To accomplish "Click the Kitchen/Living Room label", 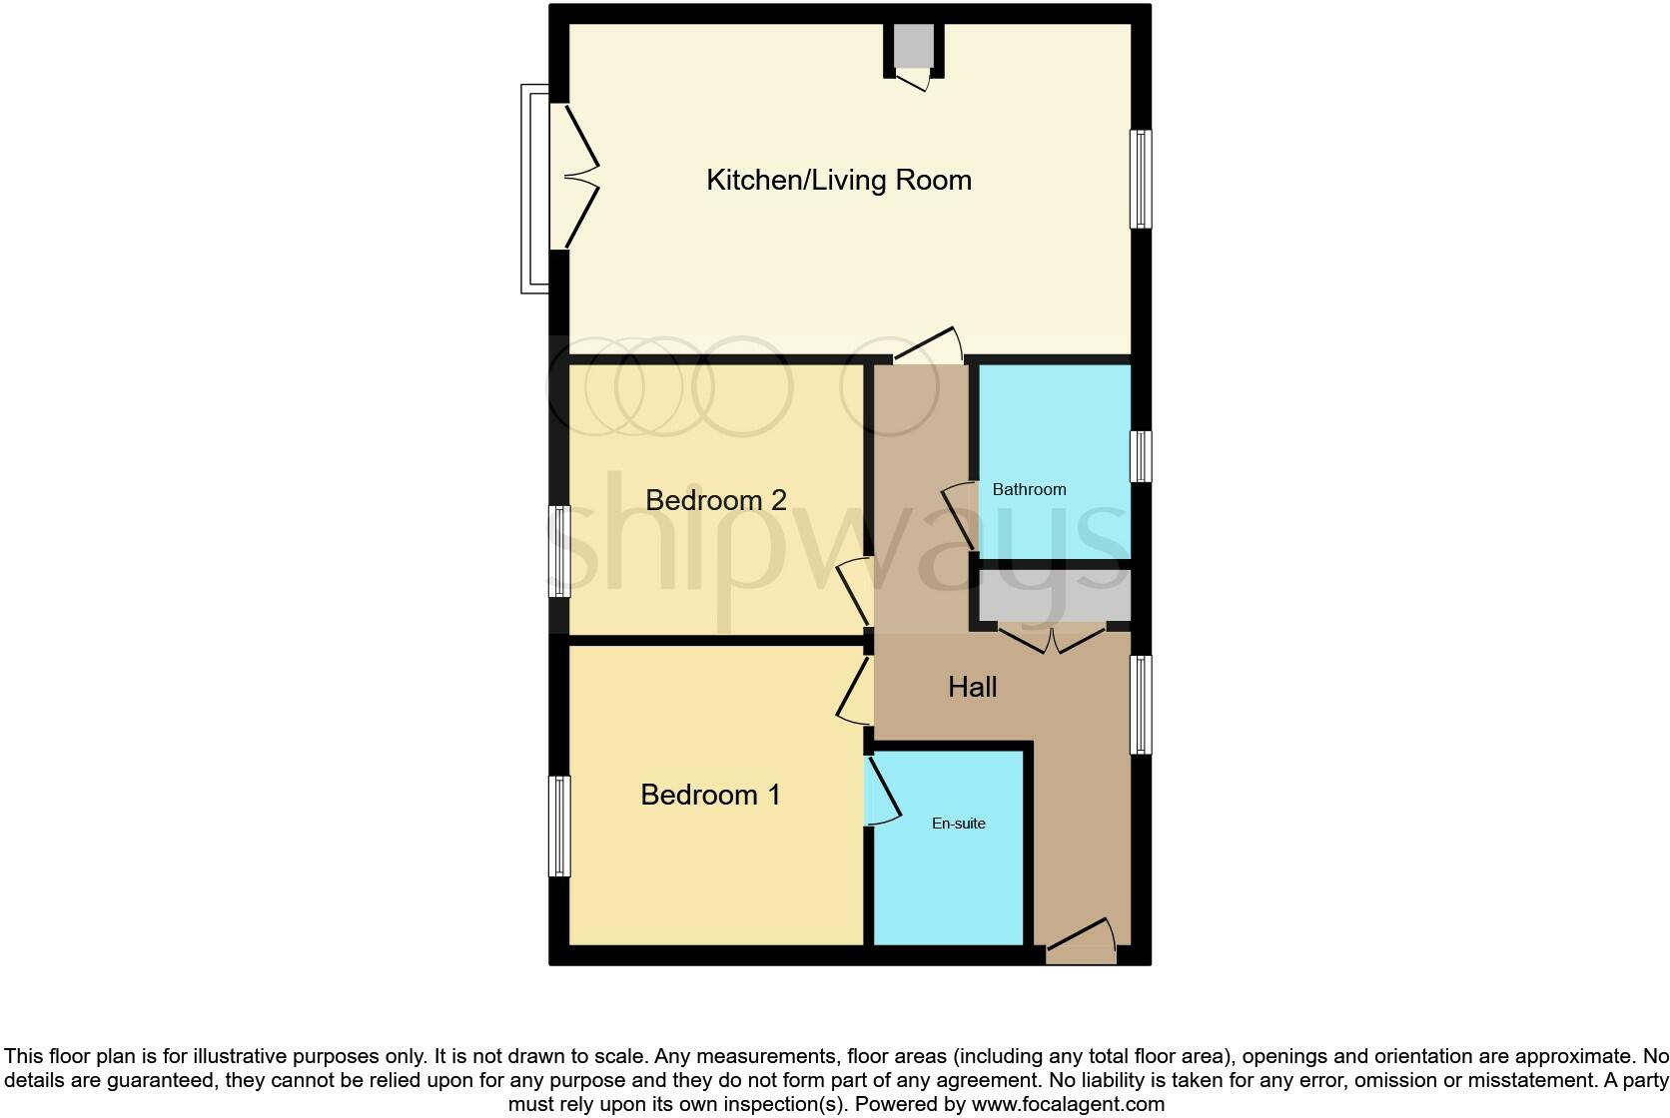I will [838, 180].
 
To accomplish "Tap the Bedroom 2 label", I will [715, 499].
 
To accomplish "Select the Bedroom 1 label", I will [709, 795].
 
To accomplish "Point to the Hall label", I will [972, 687].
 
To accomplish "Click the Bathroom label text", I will [1029, 489].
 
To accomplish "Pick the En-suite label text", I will [958, 824].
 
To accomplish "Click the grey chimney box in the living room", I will [913, 47].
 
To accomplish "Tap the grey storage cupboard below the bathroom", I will [1054, 597].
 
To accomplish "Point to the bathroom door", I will [958, 514].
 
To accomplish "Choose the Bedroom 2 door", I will [854, 593].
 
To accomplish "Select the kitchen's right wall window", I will [1141, 179].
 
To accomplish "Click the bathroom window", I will [1141, 456].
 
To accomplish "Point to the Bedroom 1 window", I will [560, 827].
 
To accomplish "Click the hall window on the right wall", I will [1141, 704].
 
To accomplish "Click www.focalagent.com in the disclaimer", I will [1068, 1104].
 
